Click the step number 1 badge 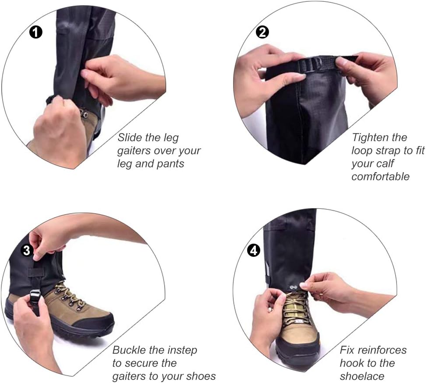point(35,32)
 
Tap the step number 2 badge point(262,32)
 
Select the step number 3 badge point(27,250)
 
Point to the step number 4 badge point(254,250)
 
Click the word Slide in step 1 point(130,137)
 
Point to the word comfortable point(381,177)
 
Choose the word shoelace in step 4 point(362,376)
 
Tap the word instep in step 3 point(182,350)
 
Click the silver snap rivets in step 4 point(293,287)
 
